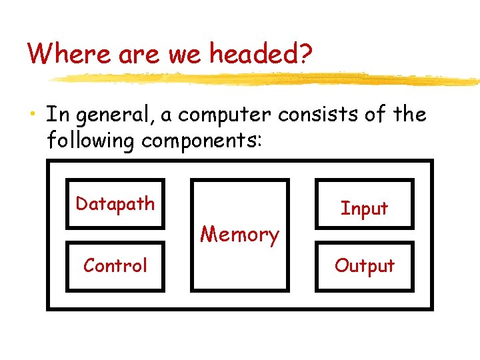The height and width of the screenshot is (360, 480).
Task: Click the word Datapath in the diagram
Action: tap(115, 204)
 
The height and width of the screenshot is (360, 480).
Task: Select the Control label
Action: tap(115, 265)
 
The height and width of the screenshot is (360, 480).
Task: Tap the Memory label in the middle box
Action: tap(239, 235)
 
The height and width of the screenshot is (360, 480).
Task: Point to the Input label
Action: tap(364, 209)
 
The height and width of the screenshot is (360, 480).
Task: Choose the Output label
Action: tap(364, 266)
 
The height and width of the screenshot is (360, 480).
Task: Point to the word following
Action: tap(91, 141)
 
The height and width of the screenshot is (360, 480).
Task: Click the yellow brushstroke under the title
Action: tap(267, 79)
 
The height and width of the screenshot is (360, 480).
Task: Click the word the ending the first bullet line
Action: tap(409, 115)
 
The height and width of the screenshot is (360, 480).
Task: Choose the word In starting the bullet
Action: tap(57, 115)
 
